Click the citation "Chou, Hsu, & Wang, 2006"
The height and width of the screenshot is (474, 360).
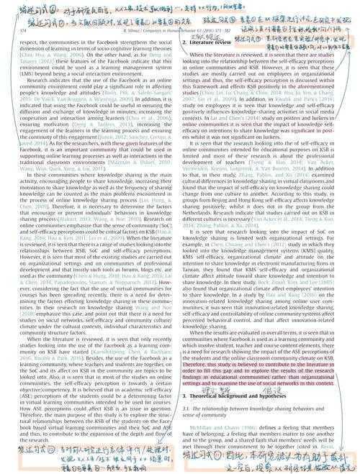point(36,53)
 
